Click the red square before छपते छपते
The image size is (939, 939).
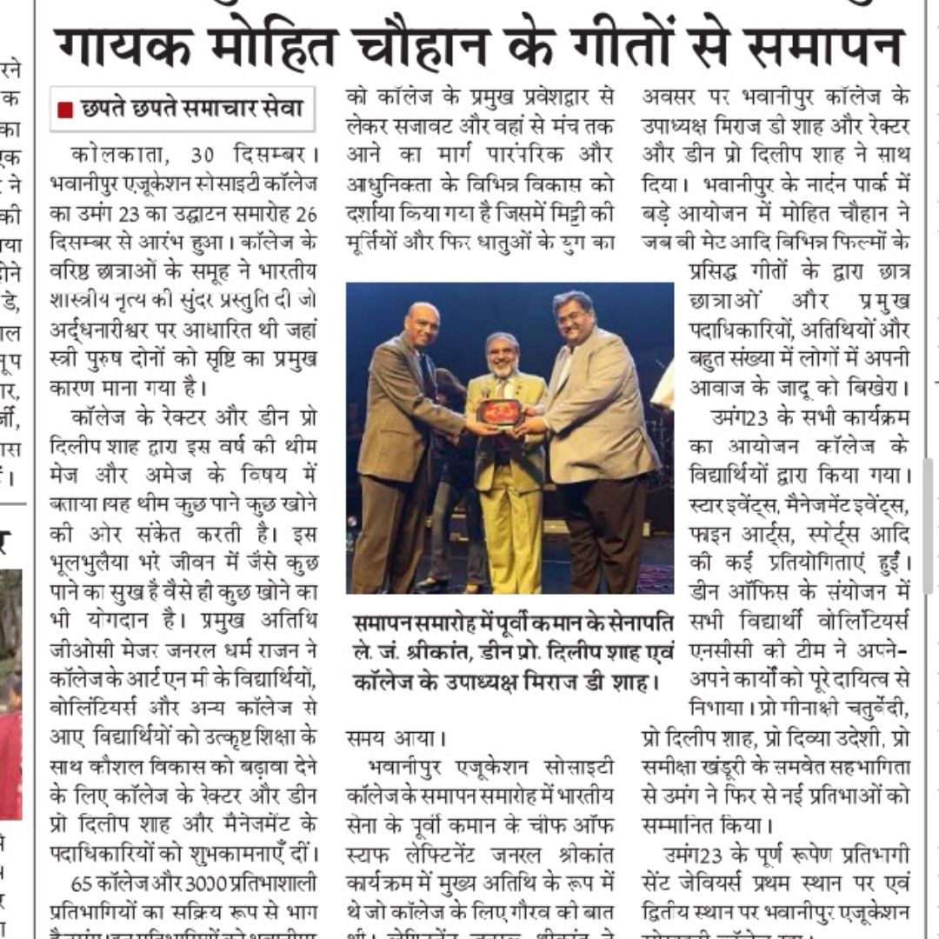pos(64,110)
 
